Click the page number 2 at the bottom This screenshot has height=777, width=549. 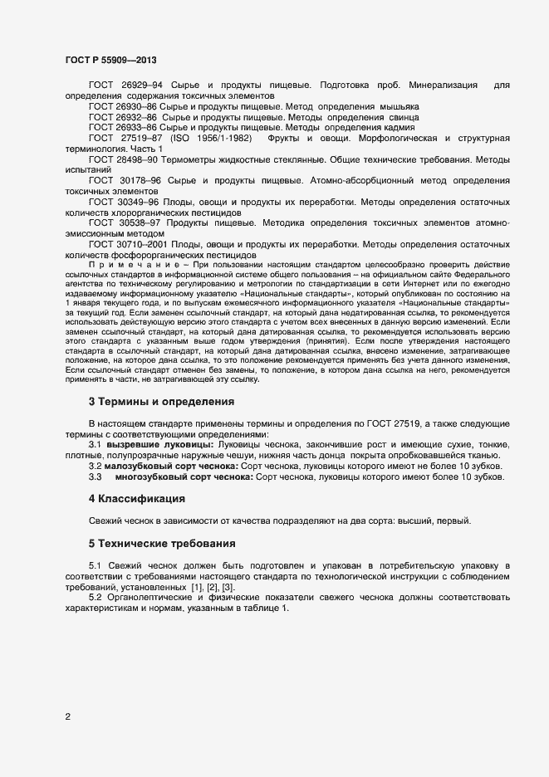[x=67, y=716]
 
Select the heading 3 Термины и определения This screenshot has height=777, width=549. [x=161, y=402]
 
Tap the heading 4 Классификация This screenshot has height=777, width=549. [x=136, y=499]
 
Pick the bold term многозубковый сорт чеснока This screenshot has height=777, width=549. [x=175, y=477]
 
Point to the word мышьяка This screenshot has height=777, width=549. [x=401, y=107]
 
